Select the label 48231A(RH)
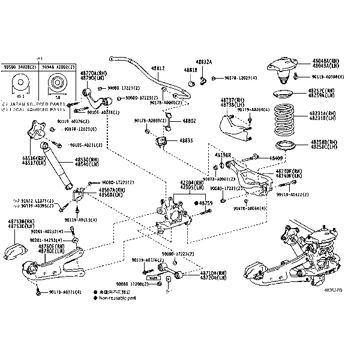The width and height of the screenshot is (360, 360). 323,112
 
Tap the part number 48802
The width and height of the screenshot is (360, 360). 188,121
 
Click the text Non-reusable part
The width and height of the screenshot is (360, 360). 119,296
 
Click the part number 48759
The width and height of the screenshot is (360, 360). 206,203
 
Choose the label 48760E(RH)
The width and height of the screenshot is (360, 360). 51,246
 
